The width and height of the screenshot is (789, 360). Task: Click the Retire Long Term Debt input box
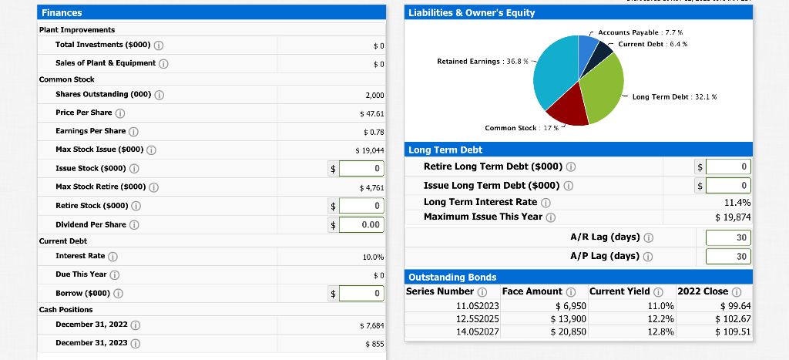[x=728, y=167]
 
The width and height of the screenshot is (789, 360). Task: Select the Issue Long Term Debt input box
[x=728, y=185]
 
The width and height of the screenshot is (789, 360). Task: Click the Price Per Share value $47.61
[x=371, y=113]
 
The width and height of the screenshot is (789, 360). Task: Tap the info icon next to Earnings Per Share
[x=133, y=131]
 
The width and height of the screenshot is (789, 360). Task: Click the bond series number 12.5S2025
[x=478, y=319]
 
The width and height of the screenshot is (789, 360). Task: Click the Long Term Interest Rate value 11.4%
[x=737, y=202]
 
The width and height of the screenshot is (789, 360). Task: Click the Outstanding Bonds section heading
[x=452, y=277]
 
